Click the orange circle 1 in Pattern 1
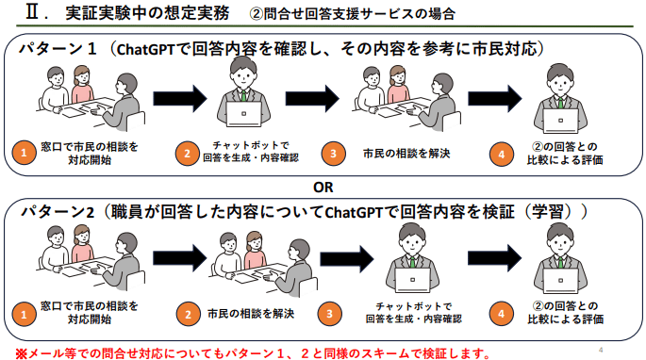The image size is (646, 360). (24, 154)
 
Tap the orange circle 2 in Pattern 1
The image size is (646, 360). (188, 154)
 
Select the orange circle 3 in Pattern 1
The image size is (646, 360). (331, 154)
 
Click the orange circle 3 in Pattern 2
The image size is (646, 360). (331, 314)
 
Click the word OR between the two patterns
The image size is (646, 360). (323, 185)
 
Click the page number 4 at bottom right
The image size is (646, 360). (602, 350)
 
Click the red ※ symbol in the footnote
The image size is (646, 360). (21, 353)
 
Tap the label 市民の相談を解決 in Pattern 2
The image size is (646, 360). (251, 313)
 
